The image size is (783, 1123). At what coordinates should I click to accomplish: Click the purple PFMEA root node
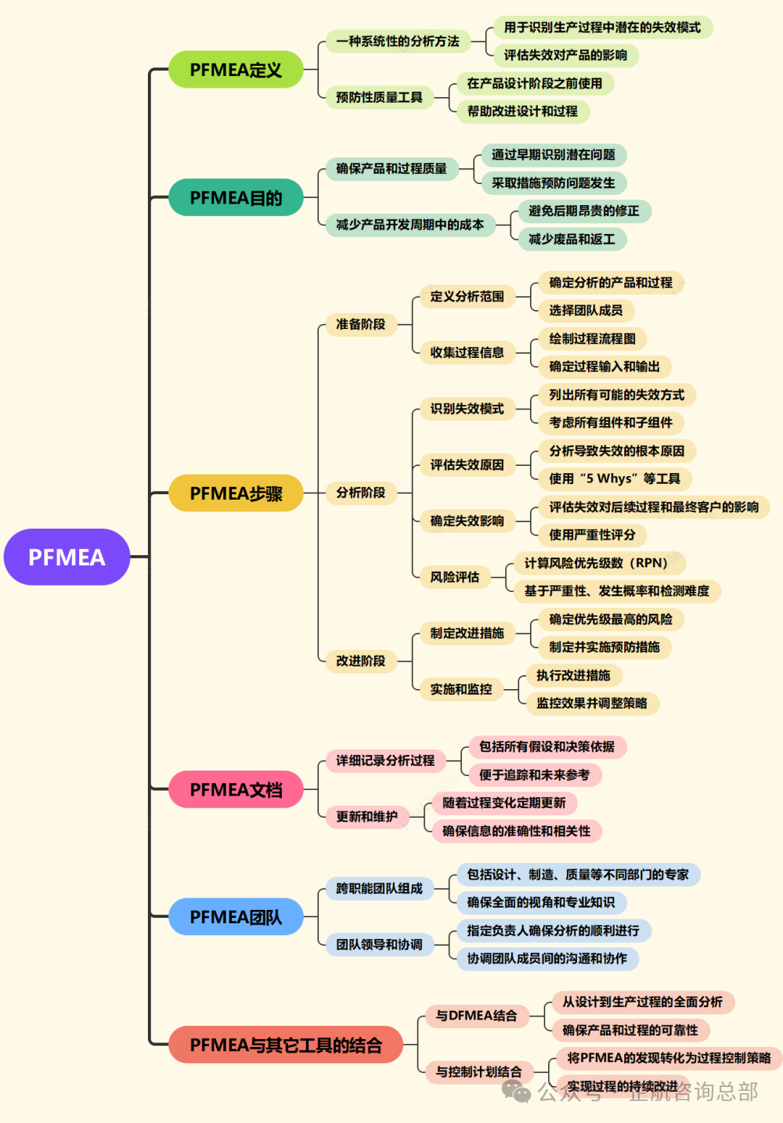pyautogui.click(x=67, y=557)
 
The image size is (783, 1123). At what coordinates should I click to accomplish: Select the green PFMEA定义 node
pyautogui.click(x=236, y=69)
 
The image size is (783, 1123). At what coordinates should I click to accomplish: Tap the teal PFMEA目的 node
pyautogui.click(x=236, y=197)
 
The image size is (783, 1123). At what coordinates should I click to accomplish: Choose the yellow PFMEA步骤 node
pyautogui.click(x=236, y=493)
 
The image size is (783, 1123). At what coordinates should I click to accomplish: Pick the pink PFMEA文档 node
pyautogui.click(x=236, y=789)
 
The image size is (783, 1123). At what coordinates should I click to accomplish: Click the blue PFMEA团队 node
pyautogui.click(x=236, y=916)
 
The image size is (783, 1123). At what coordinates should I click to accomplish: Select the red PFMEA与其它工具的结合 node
pyautogui.click(x=286, y=1045)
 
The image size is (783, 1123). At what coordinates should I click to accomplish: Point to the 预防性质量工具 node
pyautogui.click(x=380, y=97)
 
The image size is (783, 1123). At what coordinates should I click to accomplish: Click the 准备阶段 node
pyautogui.click(x=361, y=324)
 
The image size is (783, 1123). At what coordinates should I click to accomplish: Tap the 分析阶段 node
pyautogui.click(x=361, y=493)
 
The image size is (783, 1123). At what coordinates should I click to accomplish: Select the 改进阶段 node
pyautogui.click(x=361, y=661)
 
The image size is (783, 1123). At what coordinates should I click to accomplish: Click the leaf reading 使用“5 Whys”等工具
pyautogui.click(x=615, y=478)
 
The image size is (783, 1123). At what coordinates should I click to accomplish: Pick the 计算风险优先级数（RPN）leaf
pyautogui.click(x=600, y=563)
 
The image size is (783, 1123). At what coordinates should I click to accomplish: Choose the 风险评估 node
pyautogui.click(x=455, y=577)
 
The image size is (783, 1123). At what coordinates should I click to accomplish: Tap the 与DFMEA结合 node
pyautogui.click(x=477, y=1016)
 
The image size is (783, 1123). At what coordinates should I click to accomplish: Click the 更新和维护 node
pyautogui.click(x=367, y=817)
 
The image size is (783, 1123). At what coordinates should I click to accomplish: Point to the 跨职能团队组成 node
pyautogui.click(x=380, y=888)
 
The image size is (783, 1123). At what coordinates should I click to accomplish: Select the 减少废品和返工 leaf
pyautogui.click(x=572, y=239)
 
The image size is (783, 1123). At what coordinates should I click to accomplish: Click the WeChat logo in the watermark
pyautogui.click(x=516, y=1092)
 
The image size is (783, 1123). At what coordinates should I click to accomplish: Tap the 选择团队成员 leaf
pyautogui.click(x=586, y=310)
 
